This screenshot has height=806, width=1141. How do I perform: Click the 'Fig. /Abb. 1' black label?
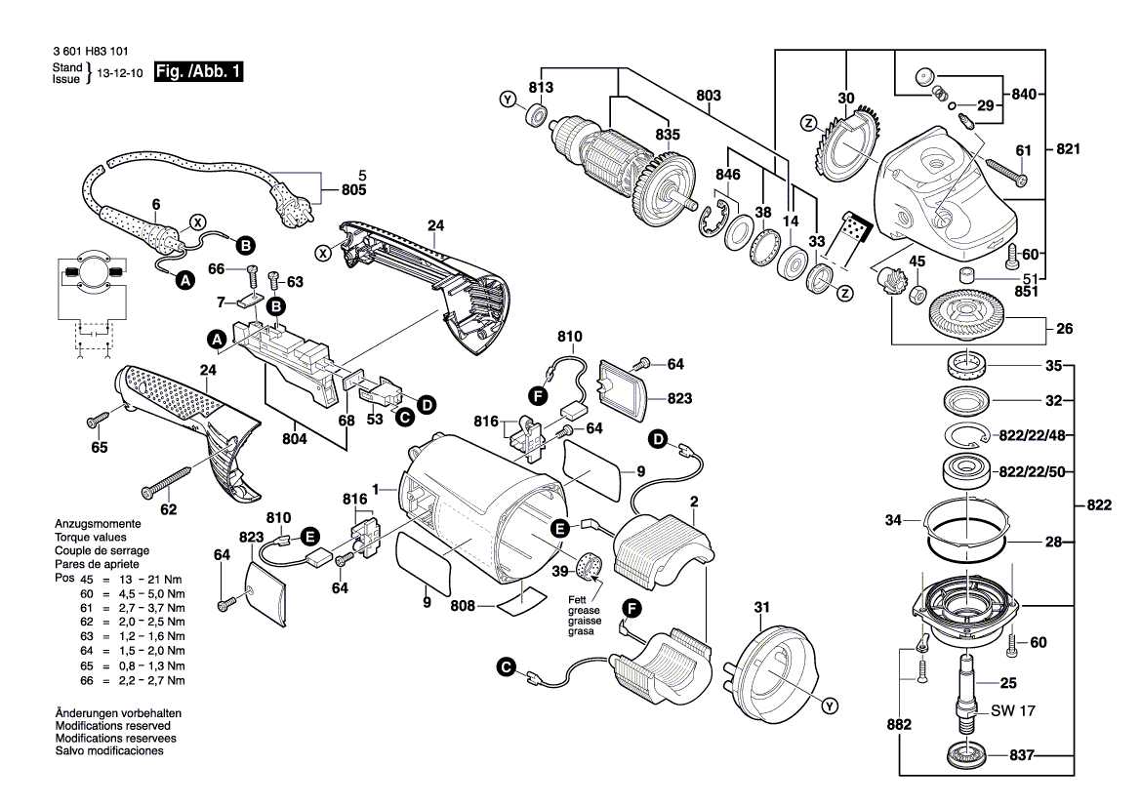pyautogui.click(x=198, y=71)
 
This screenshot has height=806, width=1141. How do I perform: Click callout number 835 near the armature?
pyautogui.click(x=669, y=135)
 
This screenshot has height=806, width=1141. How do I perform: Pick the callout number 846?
pyautogui.click(x=728, y=175)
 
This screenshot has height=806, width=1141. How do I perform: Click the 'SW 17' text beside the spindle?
pyautogui.click(x=1012, y=711)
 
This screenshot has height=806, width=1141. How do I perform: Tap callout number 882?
pyautogui.click(x=899, y=725)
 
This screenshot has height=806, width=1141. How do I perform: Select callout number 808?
pyautogui.click(x=463, y=606)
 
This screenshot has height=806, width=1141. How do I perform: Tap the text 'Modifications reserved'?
pyautogui.click(x=113, y=726)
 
